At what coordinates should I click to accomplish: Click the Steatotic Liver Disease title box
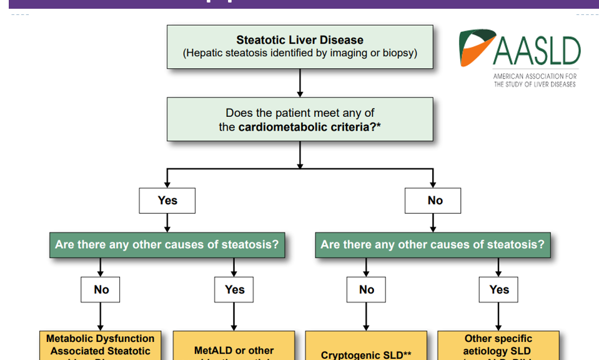point(300,46)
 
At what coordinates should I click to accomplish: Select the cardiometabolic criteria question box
point(300,119)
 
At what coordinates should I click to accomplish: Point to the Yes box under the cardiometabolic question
point(167,201)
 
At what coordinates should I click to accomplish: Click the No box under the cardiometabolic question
point(435,201)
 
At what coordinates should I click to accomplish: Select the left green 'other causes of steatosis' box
point(167,244)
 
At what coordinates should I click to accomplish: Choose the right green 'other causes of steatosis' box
point(433,244)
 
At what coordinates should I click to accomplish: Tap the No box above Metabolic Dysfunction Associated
point(101,289)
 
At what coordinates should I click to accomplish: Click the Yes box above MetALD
point(234,289)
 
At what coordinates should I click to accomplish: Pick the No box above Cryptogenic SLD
point(367,289)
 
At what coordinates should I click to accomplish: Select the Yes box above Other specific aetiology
point(499,289)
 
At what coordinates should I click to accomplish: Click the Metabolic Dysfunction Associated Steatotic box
point(100,346)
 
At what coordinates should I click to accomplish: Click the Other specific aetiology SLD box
point(498,346)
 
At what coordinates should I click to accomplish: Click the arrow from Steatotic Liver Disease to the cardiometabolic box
point(300,82)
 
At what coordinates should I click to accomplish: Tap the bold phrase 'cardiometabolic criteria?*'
point(310,127)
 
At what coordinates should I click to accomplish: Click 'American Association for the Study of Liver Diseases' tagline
point(535,80)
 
